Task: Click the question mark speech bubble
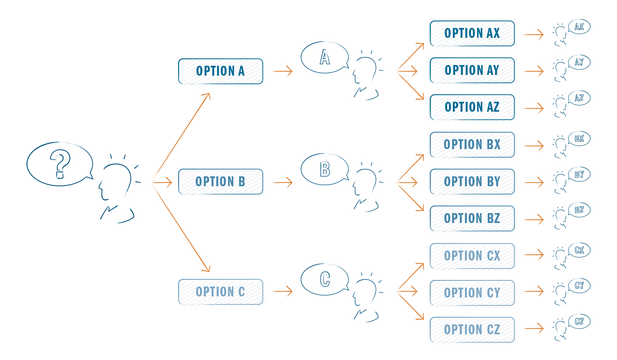[59, 164]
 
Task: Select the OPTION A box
[221, 71]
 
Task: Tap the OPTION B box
[221, 182]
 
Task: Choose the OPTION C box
[221, 292]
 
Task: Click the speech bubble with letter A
[324, 57]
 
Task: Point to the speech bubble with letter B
[324, 169]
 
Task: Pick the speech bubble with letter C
[324, 279]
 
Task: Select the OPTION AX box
[473, 34]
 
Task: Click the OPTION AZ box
[473, 107]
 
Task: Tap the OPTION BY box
[473, 182]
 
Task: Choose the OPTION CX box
[473, 256]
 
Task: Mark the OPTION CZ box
[473, 330]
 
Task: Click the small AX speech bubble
[579, 27]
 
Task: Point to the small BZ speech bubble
[579, 210]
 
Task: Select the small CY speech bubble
[579, 286]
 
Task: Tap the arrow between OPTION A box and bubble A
[282, 71]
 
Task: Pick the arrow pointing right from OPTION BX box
[533, 146]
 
